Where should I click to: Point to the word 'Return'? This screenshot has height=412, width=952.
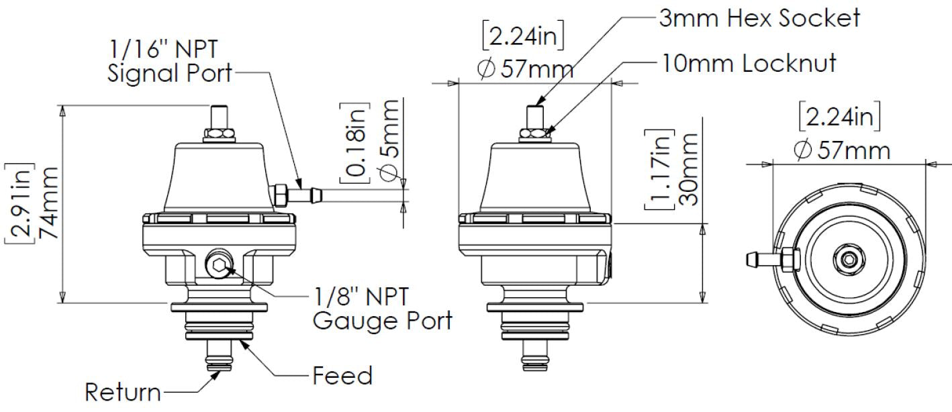click(123, 391)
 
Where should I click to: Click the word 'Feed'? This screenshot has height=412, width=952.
click(342, 376)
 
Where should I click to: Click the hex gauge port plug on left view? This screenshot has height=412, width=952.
click(219, 267)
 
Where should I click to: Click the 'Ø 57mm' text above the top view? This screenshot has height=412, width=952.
click(841, 149)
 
